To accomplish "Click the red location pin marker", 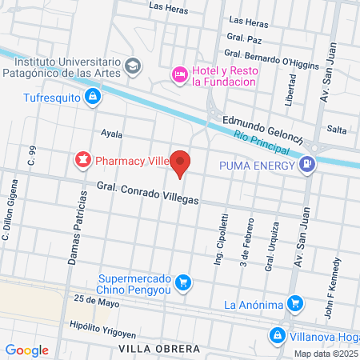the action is click(182, 162).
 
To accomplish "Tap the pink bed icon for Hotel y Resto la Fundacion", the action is click(179, 74).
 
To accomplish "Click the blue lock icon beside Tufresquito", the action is click(93, 97).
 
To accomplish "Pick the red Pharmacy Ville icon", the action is click(82, 160).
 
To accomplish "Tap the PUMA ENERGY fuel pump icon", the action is click(306, 166).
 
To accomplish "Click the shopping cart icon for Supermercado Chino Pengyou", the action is click(183, 282).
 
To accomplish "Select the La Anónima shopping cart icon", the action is click(295, 304).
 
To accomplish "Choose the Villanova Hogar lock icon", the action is click(277, 335).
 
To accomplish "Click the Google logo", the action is click(27, 350).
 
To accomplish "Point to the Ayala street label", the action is click(111, 133).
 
